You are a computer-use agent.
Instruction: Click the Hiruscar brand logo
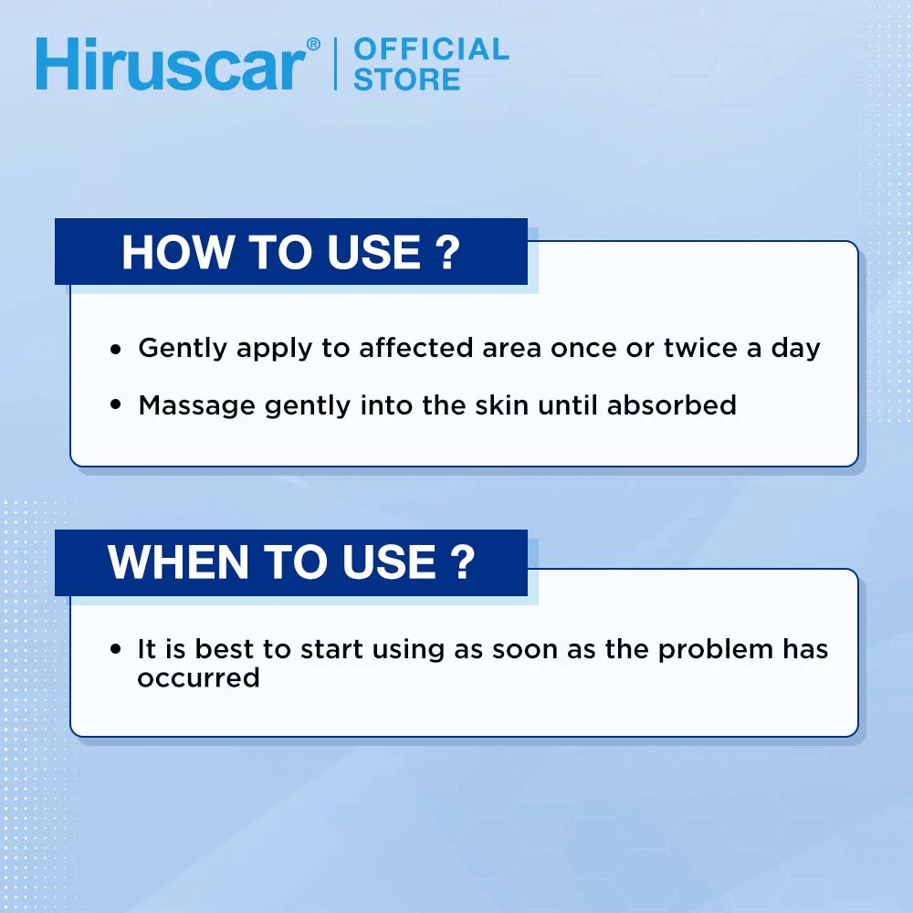(x=170, y=65)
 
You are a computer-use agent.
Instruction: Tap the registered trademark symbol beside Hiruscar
(x=313, y=45)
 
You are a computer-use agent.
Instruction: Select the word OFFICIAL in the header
(x=431, y=48)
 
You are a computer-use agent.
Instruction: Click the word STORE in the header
(x=406, y=79)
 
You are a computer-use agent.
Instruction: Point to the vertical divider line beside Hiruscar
(x=334, y=64)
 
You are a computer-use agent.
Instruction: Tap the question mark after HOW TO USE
(x=446, y=252)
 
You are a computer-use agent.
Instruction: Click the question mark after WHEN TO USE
(x=463, y=562)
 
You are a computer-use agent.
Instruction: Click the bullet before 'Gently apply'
(x=115, y=349)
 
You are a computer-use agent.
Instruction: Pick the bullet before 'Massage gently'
(x=115, y=404)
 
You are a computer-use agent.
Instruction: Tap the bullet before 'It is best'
(x=115, y=650)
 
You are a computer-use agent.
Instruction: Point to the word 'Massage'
(x=197, y=404)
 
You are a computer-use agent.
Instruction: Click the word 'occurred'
(x=198, y=677)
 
